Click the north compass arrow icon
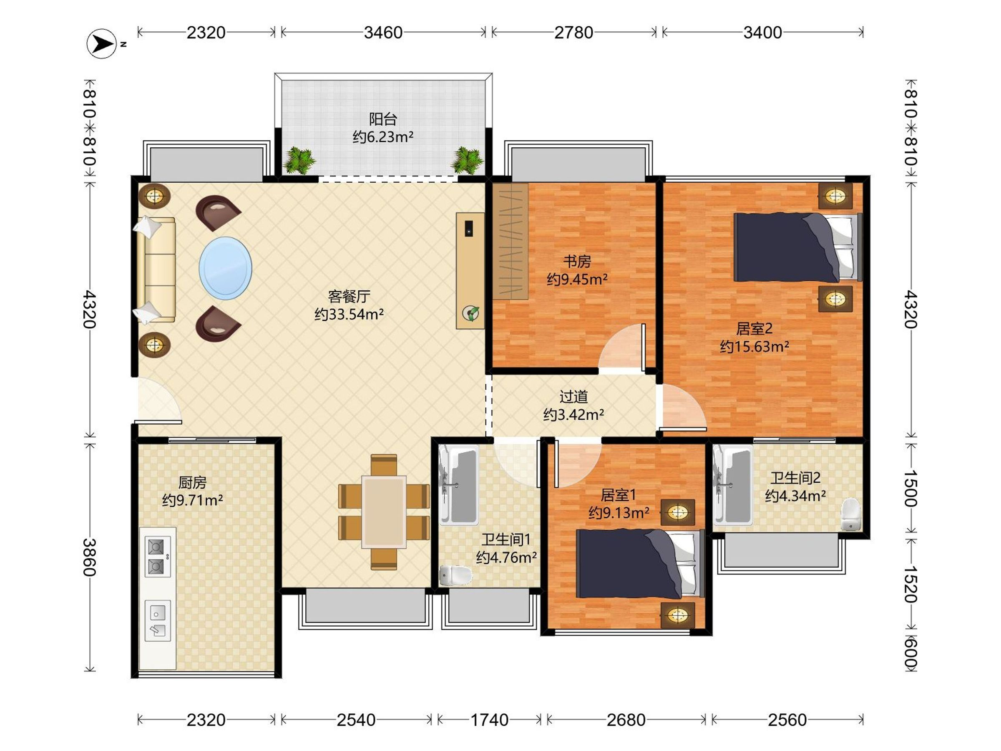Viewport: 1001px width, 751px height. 102,43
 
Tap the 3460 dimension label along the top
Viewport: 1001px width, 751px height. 383,33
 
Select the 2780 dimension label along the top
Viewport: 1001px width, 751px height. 573,33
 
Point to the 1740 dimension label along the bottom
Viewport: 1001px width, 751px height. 489,720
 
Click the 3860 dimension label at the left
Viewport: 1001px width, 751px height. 90,557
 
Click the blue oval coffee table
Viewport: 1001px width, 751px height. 225,268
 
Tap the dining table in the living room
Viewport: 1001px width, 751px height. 384,512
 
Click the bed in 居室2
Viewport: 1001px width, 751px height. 798,247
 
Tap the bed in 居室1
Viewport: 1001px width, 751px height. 640,564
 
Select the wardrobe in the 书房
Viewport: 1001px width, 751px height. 511,241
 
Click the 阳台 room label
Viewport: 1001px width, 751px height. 383,119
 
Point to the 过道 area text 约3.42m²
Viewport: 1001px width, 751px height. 573,415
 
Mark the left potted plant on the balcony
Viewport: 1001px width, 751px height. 299,160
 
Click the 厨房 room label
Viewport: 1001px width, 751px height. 192,483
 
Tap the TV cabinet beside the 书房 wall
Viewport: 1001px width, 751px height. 470,271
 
